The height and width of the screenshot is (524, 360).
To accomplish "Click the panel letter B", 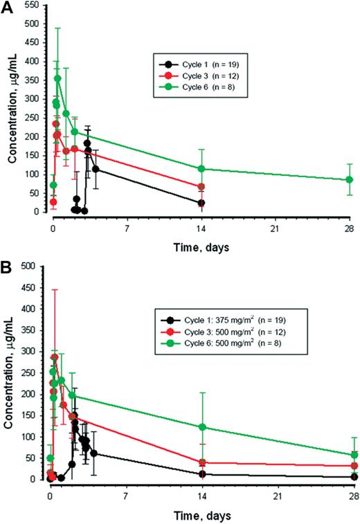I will pos(8,266).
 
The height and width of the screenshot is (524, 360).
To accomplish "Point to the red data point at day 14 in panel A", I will pos(201,187).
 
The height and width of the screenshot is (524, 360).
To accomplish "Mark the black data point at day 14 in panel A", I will pos(201,203).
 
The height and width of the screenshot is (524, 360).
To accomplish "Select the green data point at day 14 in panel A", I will pos(201,169).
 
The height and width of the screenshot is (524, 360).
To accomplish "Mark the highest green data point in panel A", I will pos(57,79).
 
